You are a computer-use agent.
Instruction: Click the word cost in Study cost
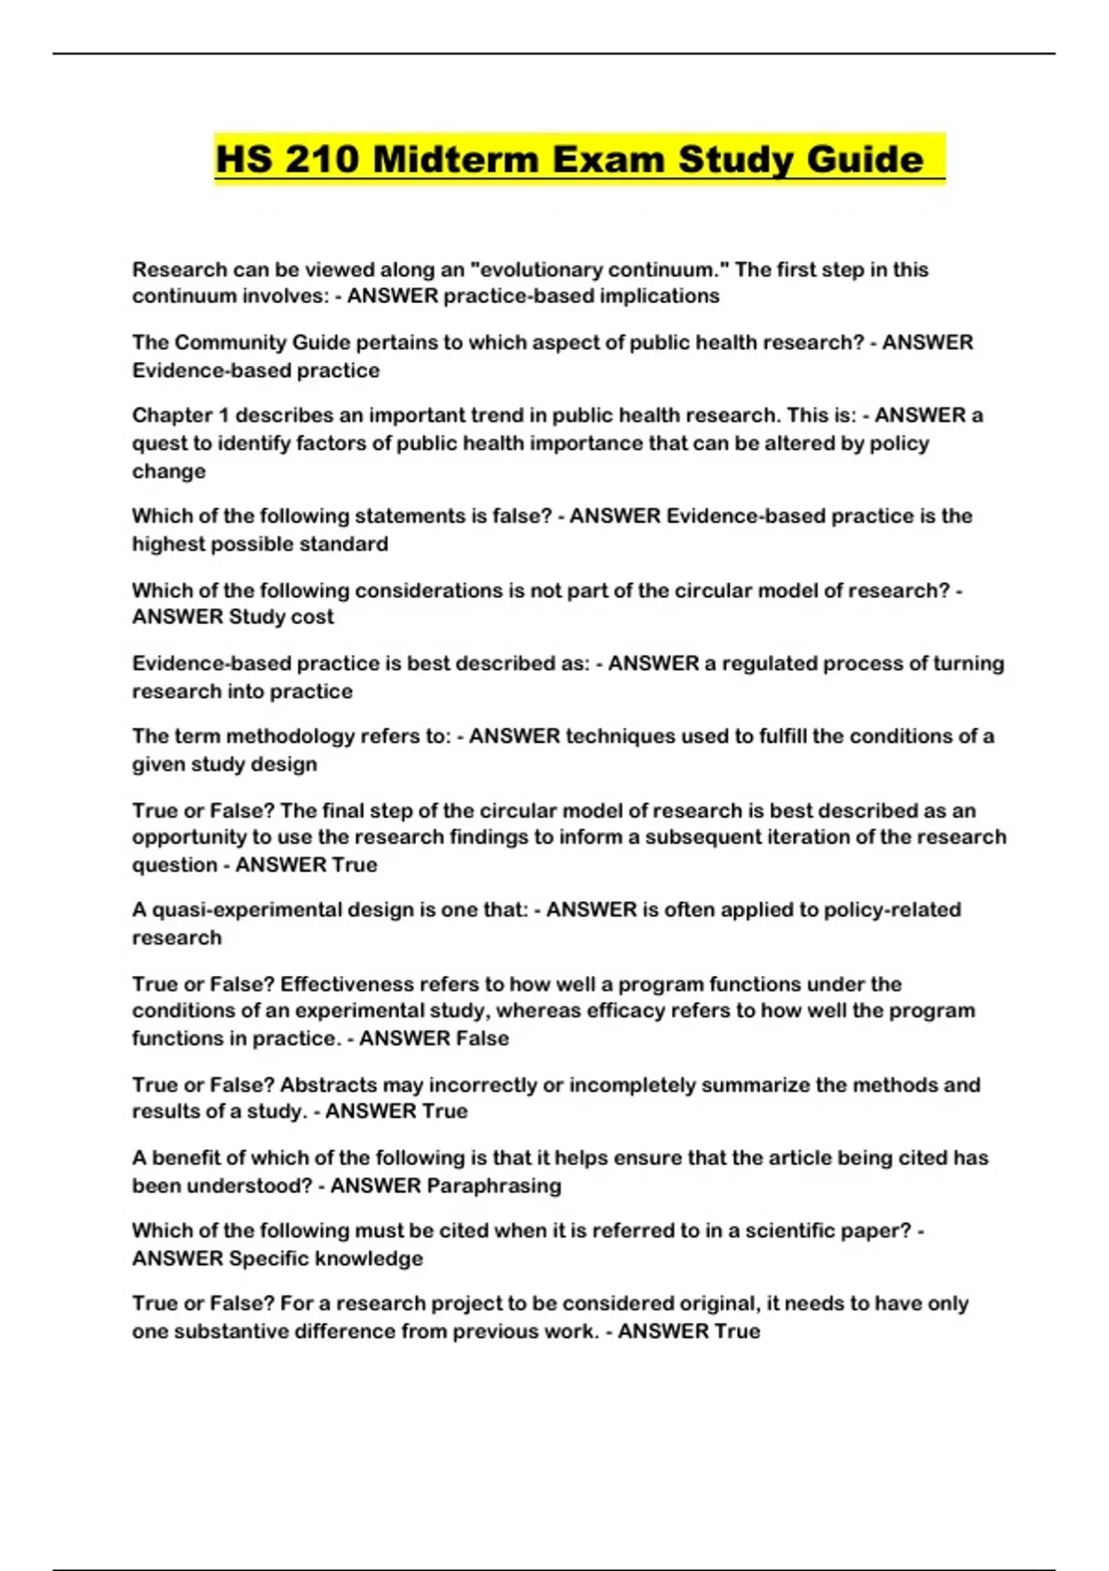click(x=312, y=617)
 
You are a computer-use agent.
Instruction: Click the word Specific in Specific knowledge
click(x=268, y=1259)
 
